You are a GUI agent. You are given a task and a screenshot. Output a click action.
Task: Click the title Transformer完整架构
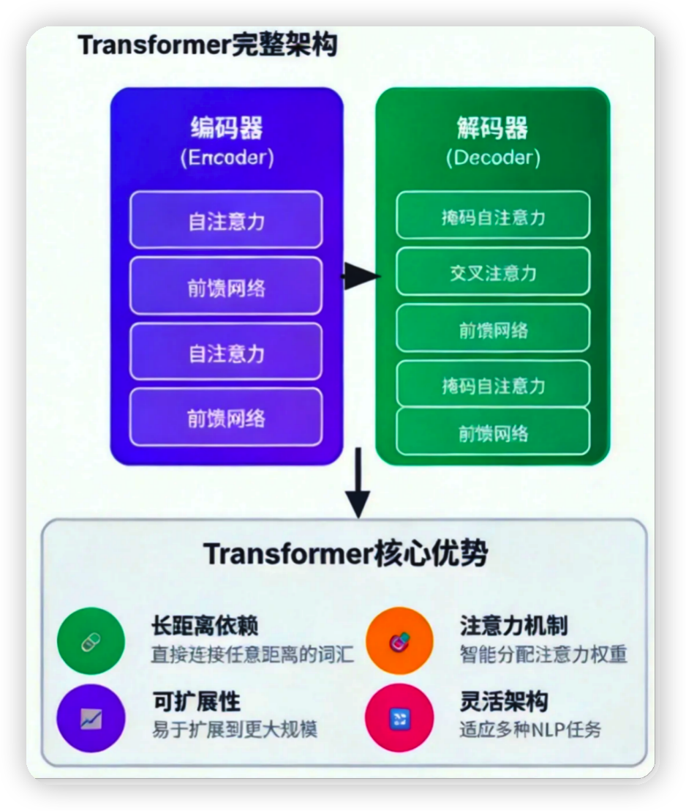[207, 45]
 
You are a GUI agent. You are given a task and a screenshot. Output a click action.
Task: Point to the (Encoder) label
[227, 158]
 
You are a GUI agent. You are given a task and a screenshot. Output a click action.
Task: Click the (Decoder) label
[492, 158]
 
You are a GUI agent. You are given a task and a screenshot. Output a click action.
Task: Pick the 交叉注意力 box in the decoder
[493, 272]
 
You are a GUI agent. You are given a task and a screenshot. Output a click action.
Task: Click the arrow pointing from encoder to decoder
[361, 276]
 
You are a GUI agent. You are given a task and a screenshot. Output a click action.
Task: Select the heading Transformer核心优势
[345, 554]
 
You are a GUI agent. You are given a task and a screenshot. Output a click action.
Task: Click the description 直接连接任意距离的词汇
[252, 654]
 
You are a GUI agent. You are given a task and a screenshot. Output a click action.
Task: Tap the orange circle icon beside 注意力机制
[399, 642]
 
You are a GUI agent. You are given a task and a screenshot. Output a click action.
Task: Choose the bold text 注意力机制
[513, 627]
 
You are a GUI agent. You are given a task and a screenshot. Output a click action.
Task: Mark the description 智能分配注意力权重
[543, 654]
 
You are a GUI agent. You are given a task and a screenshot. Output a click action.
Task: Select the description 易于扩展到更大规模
[234, 730]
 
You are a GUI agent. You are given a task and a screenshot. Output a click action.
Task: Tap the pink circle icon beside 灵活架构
[399, 718]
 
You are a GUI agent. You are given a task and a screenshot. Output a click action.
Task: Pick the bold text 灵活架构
[503, 702]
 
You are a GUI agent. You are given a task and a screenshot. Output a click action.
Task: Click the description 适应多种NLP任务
[530, 730]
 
